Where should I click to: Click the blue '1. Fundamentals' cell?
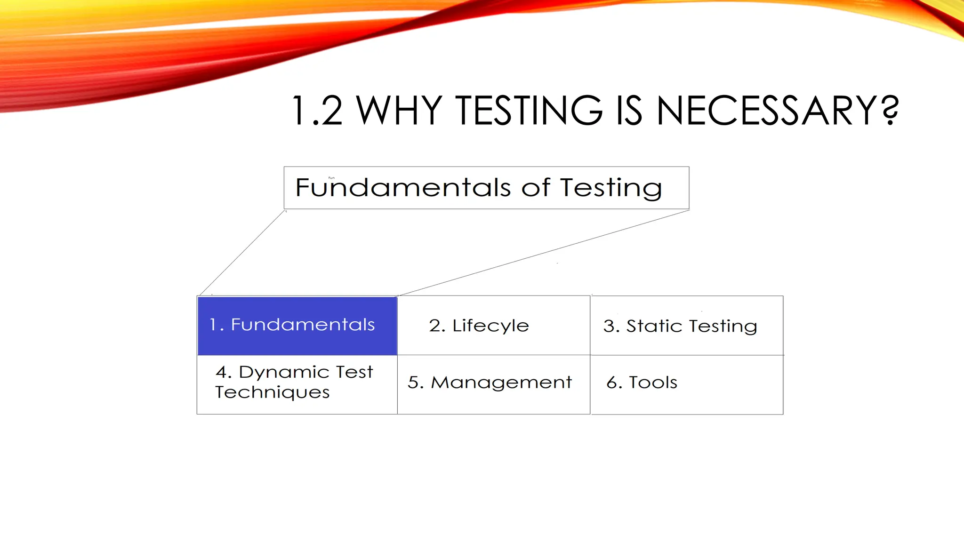click(297, 325)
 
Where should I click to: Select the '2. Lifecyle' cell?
click(493, 325)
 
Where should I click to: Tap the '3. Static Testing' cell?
click(686, 326)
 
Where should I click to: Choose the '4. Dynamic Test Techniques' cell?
click(297, 384)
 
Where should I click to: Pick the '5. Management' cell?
click(493, 384)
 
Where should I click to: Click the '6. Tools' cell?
click(686, 384)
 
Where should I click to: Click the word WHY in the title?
click(399, 111)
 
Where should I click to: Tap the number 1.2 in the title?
click(317, 111)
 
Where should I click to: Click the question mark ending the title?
click(889, 111)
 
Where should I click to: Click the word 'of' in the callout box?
click(536, 188)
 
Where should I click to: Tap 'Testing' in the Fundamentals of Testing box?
click(611, 188)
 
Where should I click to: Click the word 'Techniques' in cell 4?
click(273, 392)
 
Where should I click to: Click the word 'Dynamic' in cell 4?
click(284, 372)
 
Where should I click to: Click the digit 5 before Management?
click(413, 383)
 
